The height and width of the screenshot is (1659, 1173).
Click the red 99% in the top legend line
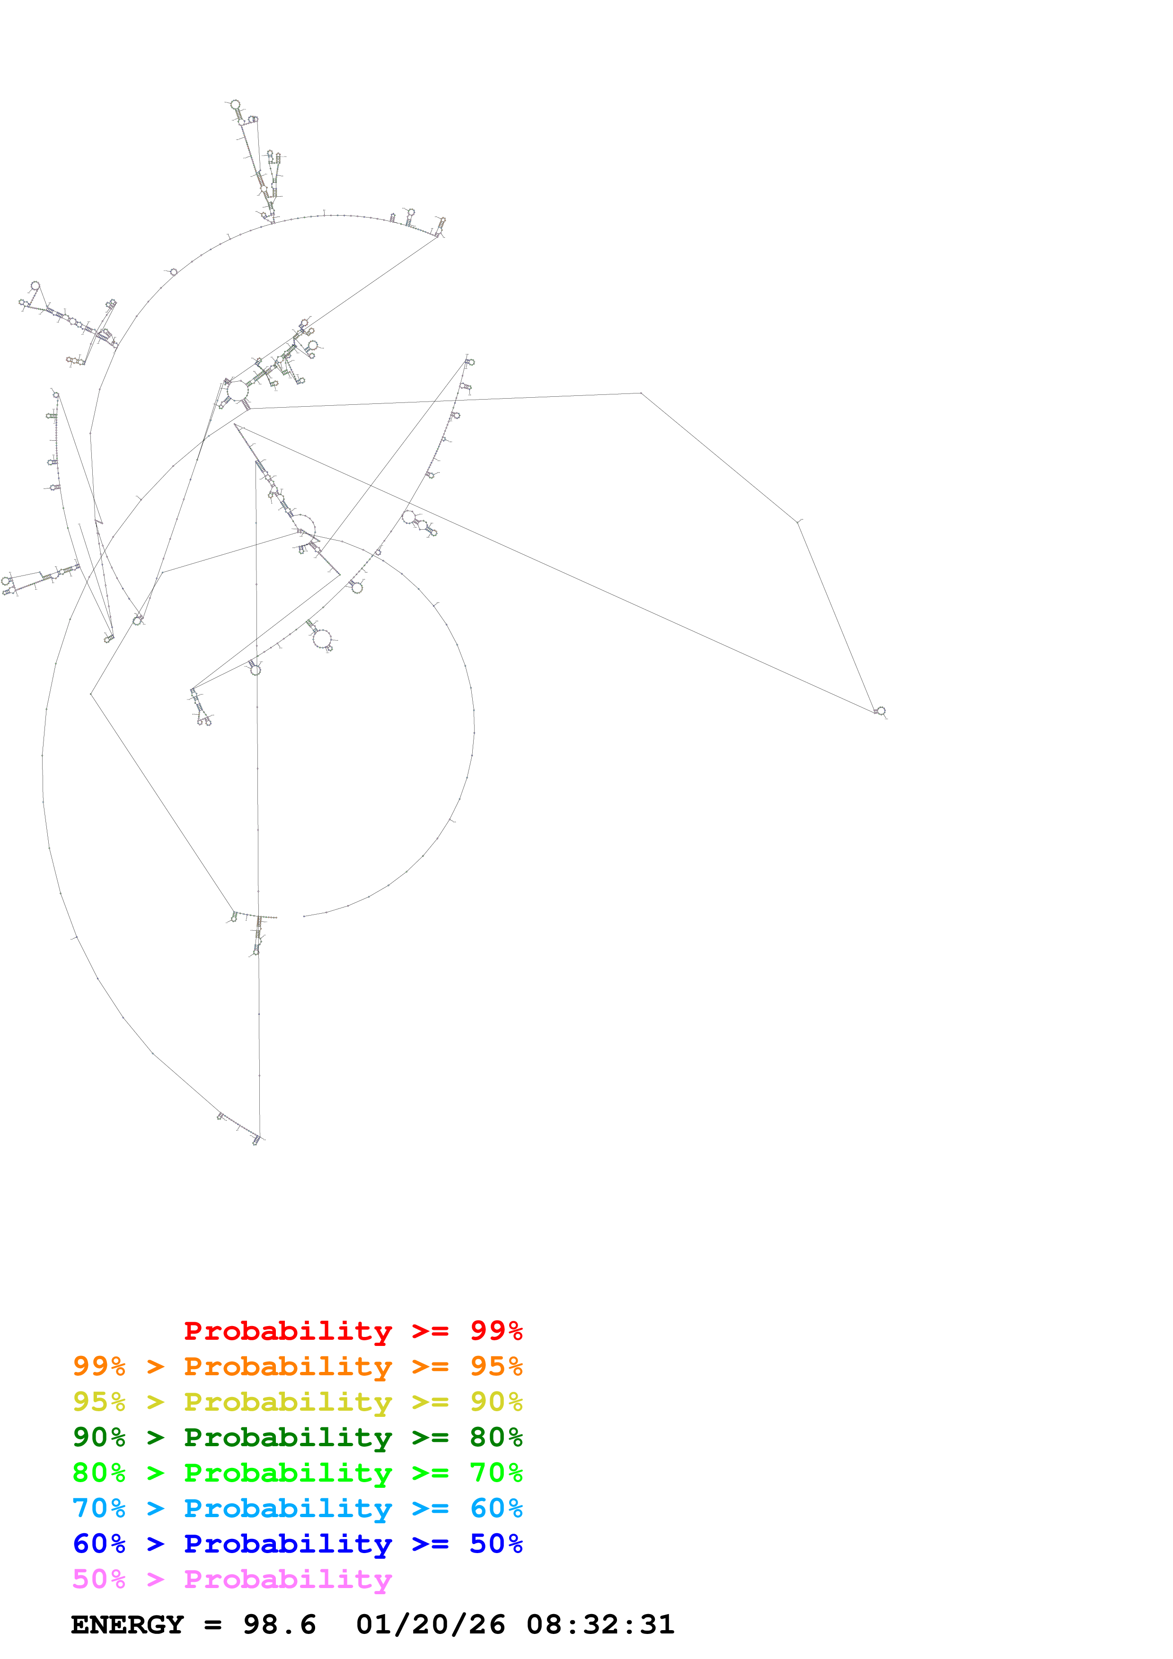[x=496, y=1330]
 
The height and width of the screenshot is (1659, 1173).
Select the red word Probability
[x=288, y=1330]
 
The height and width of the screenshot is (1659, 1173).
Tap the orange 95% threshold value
[x=496, y=1366]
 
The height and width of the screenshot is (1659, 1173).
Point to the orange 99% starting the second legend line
[x=99, y=1366]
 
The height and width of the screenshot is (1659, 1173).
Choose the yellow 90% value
[x=496, y=1401]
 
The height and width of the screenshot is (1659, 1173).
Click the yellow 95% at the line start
[x=99, y=1401]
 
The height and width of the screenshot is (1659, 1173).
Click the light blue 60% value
[x=496, y=1508]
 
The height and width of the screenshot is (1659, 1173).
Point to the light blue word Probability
[x=288, y=1508]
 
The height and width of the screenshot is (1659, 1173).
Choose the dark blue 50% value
[x=496, y=1544]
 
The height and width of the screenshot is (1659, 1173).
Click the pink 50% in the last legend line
[x=99, y=1579]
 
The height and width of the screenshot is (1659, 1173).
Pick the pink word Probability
[x=288, y=1579]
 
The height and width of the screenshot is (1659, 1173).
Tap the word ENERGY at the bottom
[x=127, y=1624]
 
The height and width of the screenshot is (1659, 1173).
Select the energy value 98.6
[x=279, y=1624]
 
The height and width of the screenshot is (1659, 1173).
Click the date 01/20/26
[x=430, y=1624]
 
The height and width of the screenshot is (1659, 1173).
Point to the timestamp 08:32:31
[x=600, y=1624]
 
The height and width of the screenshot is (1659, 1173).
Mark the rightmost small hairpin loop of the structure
[x=880, y=711]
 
